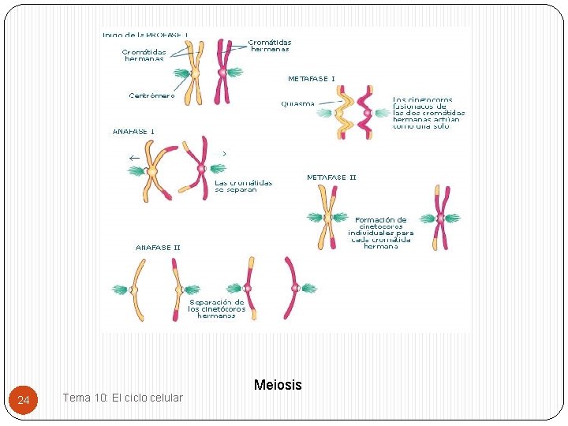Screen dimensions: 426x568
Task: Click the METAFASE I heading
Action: (x=311, y=79)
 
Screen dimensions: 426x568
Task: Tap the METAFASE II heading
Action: (x=331, y=177)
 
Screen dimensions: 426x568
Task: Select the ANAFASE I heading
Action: (x=133, y=131)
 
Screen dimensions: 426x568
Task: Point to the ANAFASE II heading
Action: (x=158, y=248)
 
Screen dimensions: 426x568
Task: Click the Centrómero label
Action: (x=151, y=95)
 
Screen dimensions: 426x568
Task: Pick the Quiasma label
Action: (x=297, y=103)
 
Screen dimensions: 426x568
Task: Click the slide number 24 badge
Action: (x=24, y=401)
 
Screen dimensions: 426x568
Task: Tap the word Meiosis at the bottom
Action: (x=278, y=385)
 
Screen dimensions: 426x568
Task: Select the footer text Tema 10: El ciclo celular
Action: (x=122, y=398)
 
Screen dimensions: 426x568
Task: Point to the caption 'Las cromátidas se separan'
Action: (x=243, y=186)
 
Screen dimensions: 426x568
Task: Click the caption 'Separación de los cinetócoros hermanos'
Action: (x=216, y=308)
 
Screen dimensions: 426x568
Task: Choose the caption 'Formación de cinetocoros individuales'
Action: (x=382, y=233)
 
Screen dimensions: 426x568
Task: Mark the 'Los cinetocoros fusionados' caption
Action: (x=428, y=114)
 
